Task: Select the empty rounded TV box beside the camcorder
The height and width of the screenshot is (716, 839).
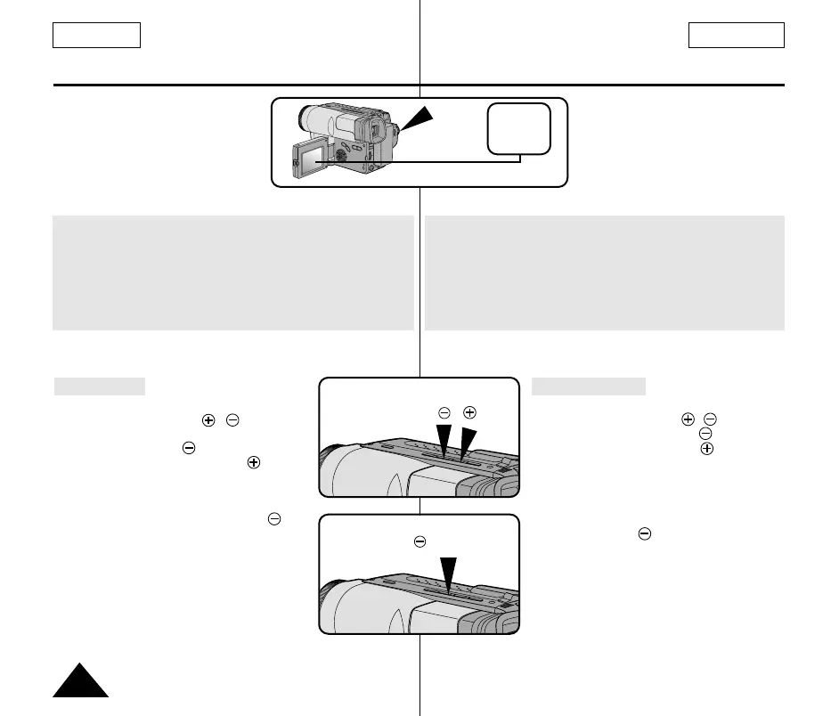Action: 518,128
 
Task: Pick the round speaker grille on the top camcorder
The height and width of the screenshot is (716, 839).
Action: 341,153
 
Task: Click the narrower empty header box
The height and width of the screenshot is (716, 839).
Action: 97,35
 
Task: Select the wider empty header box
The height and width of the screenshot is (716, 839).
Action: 736,35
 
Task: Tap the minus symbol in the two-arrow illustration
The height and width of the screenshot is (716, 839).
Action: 444,412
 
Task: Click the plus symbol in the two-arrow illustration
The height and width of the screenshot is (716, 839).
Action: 469,412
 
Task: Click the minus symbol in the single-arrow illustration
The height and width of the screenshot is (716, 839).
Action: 419,541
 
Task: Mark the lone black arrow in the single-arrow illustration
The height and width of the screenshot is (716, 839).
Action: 449,574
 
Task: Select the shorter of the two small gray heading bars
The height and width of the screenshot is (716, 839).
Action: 100,386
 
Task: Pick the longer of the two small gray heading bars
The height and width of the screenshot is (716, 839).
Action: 589,386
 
